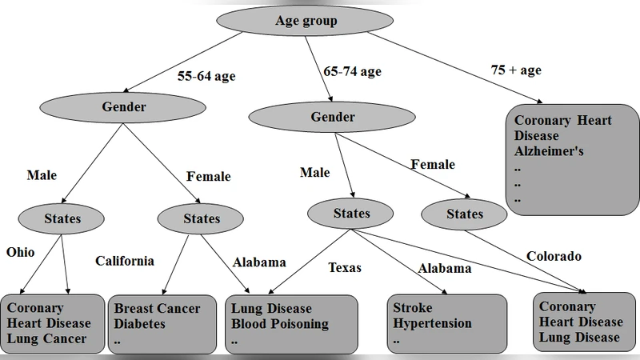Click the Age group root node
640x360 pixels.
click(306, 21)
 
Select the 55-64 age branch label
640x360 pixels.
click(206, 78)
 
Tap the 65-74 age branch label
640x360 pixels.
click(352, 71)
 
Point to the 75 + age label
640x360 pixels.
click(516, 70)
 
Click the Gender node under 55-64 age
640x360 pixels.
click(124, 106)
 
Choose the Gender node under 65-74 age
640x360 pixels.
click(333, 118)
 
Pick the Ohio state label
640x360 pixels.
click(21, 252)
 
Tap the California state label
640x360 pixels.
click(125, 261)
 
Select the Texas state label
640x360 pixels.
click(345, 267)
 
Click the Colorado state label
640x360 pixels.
click(554, 257)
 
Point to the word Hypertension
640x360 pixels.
click(432, 324)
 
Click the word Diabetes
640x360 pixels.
click(140, 324)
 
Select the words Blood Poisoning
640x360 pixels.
click(280, 324)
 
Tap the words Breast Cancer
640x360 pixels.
click(157, 308)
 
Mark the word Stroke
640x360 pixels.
click(413, 308)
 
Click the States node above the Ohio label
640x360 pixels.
click(62, 218)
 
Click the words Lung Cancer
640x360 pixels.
click(46, 339)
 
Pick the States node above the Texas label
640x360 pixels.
click(351, 214)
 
